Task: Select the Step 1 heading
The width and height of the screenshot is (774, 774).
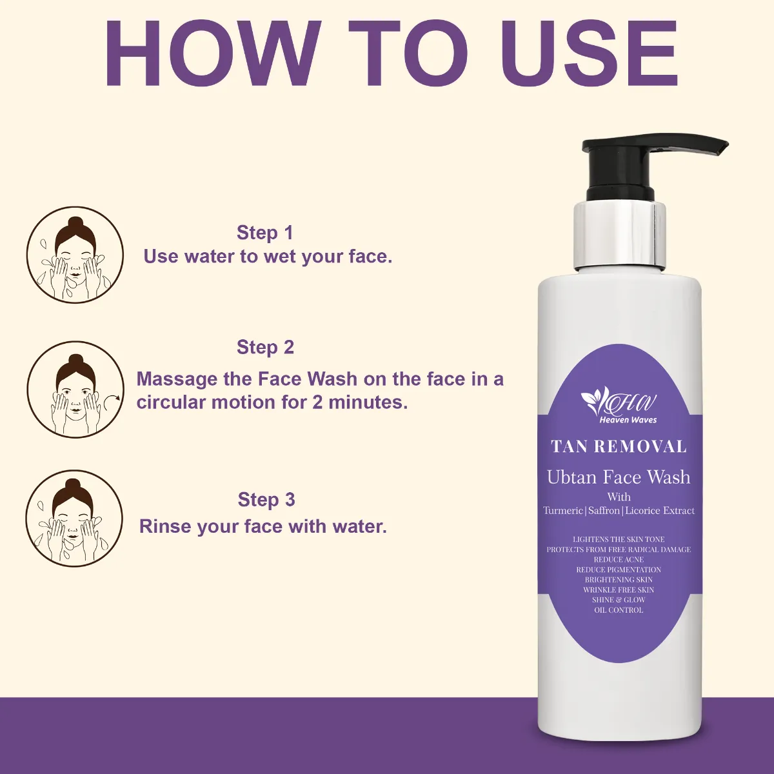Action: (265, 233)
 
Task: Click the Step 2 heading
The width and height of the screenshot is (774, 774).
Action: (266, 347)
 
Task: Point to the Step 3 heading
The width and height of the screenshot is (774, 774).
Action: (266, 500)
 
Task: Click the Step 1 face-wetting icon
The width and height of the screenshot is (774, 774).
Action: (75, 255)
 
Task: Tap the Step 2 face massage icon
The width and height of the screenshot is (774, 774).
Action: (76, 389)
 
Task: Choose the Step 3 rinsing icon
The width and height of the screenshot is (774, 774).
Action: (74, 519)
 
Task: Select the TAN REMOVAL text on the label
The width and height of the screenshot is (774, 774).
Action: (619, 446)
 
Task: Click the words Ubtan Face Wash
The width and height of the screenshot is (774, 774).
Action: (619, 477)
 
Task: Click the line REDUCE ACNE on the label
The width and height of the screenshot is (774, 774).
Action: (619, 559)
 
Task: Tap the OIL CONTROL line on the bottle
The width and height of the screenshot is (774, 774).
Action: (619, 610)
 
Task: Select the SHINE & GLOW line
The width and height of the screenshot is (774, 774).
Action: (619, 600)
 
